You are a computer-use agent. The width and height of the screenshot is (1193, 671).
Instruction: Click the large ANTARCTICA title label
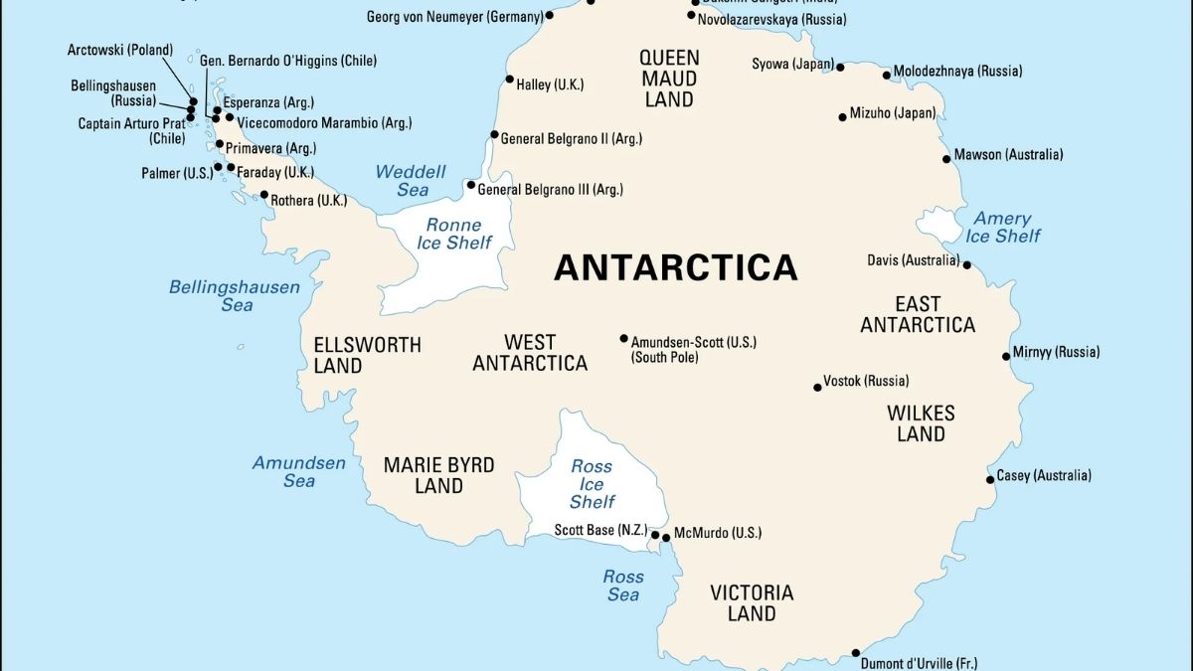(x=675, y=267)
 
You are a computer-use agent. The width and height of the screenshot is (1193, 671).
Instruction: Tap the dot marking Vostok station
(x=817, y=387)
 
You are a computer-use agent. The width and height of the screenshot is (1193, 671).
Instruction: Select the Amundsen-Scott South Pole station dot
(x=623, y=339)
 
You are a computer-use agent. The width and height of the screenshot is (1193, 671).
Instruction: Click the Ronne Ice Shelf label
(x=454, y=234)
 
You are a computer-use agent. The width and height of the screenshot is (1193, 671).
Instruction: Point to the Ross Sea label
(x=622, y=586)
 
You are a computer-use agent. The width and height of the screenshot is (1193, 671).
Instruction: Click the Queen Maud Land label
(x=669, y=79)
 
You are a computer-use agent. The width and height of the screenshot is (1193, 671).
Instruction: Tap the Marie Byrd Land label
(x=438, y=475)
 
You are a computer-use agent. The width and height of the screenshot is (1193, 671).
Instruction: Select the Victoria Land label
(x=752, y=602)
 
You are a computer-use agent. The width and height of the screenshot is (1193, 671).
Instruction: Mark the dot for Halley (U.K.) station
(x=510, y=80)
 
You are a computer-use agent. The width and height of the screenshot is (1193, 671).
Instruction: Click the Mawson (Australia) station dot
(x=946, y=159)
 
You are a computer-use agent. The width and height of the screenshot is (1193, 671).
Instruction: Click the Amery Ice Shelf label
(x=1002, y=227)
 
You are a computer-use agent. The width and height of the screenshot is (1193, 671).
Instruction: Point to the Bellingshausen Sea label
(x=235, y=296)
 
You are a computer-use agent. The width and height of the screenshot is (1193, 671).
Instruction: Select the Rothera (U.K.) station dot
(x=264, y=195)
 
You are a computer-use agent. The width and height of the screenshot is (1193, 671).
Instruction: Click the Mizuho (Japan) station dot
(x=842, y=117)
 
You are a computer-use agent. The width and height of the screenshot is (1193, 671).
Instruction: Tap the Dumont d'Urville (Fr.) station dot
(x=856, y=653)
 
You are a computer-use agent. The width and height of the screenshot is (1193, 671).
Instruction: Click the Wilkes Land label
(x=921, y=422)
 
